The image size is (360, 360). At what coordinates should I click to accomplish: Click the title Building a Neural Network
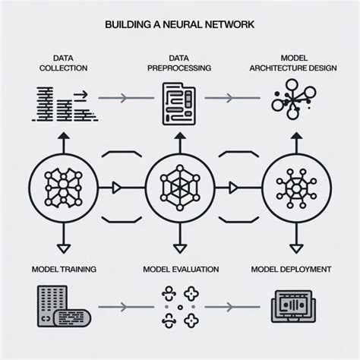coord(180,24)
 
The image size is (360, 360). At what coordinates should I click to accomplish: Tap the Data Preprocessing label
coord(178,63)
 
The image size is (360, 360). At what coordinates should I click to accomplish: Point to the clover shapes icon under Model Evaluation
coord(179,306)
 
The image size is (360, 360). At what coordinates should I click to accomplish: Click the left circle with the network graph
coord(62,185)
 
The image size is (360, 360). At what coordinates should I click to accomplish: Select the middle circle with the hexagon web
coord(179,185)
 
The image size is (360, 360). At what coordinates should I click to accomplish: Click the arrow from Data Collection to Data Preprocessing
coord(122,99)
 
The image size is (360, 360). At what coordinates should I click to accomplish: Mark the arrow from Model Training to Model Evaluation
coord(122,307)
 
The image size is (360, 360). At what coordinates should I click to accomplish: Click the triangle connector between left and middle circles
coord(115,185)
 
